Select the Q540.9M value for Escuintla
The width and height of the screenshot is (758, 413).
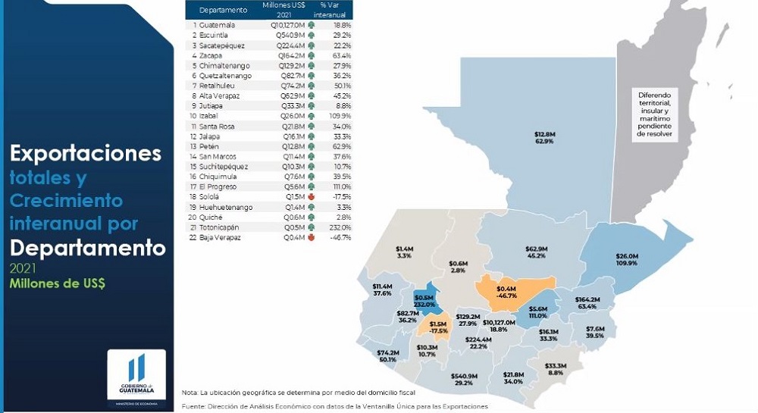290,35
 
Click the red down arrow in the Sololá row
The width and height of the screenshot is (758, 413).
311,197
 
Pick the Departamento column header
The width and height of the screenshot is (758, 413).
224,10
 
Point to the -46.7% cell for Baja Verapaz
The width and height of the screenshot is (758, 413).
339,237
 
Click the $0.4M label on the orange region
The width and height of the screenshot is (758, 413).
506,289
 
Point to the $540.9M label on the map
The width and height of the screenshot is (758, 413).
463,375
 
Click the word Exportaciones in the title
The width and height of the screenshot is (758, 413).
86,154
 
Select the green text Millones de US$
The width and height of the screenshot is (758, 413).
57,283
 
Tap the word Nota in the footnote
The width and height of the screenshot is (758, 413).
189,392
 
